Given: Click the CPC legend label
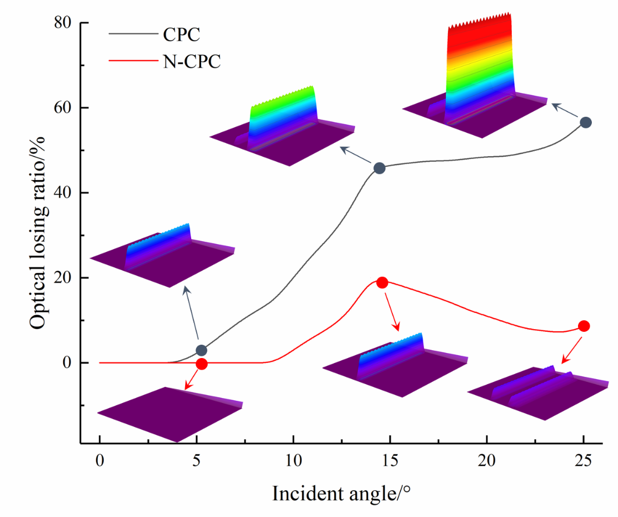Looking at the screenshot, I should [x=181, y=35].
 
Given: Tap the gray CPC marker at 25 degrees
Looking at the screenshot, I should [x=585, y=122].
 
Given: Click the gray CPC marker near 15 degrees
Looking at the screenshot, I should [x=380, y=168].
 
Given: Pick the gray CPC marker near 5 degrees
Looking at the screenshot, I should [x=201, y=350].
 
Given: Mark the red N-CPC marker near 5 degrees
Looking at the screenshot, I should [x=201, y=364].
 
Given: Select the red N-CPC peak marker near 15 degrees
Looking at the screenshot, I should [x=382, y=282].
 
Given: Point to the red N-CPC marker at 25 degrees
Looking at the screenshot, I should [x=584, y=326].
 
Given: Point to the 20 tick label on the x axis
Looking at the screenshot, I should [x=486, y=461].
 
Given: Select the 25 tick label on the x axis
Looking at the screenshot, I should [x=584, y=461].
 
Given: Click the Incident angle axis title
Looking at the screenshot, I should [x=341, y=493].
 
